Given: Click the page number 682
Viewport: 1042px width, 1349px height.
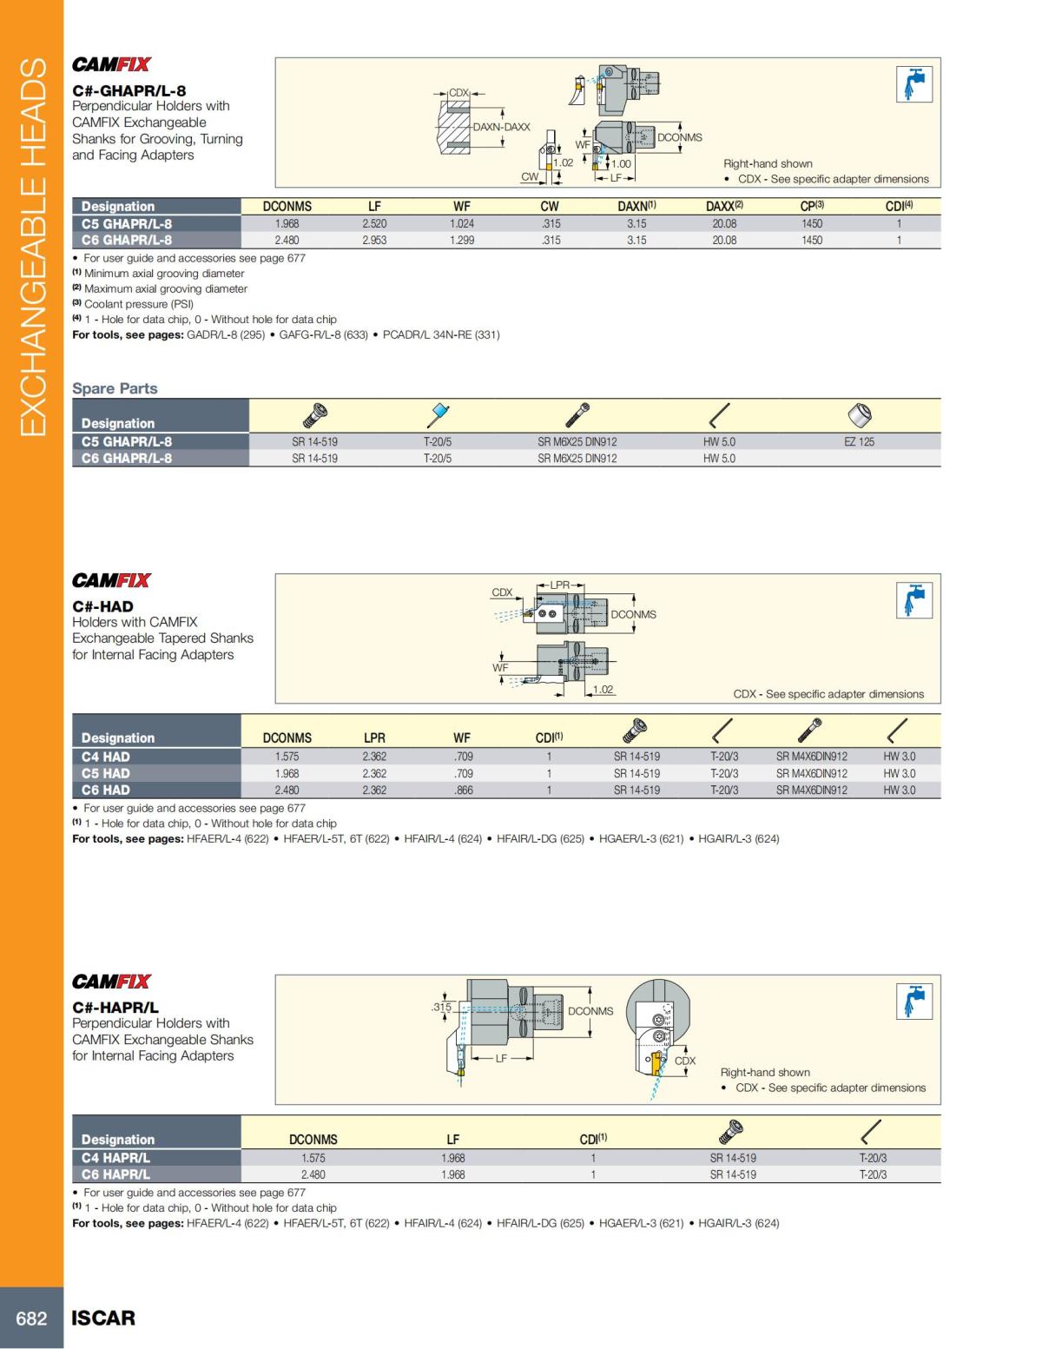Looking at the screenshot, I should coord(31,1318).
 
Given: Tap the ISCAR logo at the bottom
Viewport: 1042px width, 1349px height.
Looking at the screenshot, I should coord(103,1318).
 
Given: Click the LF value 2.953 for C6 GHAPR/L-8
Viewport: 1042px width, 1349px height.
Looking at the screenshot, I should coord(374,241).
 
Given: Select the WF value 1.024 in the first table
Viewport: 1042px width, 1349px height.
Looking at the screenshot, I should coord(462,224).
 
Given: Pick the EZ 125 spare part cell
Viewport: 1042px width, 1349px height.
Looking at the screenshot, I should coord(859,442).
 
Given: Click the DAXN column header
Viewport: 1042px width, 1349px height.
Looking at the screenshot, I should coord(636,207).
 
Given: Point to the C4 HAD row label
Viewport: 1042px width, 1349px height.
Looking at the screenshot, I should coord(106,757).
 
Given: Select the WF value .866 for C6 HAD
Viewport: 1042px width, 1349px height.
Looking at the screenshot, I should coord(463,790).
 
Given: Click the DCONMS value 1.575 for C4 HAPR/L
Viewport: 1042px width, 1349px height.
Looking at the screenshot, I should coord(313,1158).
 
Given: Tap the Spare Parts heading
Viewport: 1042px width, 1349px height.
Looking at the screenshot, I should coord(115,388).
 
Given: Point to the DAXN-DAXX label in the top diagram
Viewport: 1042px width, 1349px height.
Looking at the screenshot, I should coord(501,127).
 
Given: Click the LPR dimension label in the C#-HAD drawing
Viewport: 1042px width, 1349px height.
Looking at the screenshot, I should coord(560,585).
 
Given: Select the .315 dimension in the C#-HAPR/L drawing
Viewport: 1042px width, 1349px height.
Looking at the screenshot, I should coord(441,1008).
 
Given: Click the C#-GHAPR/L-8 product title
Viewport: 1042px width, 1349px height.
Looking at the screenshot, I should coord(129,90).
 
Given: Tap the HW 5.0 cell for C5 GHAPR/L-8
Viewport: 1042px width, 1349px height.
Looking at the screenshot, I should coord(719,442).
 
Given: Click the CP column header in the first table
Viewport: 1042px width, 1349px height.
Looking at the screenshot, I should coord(811,207).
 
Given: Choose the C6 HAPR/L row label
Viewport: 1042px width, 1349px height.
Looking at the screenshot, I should coord(115,1174).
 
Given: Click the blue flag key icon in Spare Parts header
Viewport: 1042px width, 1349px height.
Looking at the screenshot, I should coord(438,414).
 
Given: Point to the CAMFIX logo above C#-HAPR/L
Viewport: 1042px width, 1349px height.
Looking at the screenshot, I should coord(111,982).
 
